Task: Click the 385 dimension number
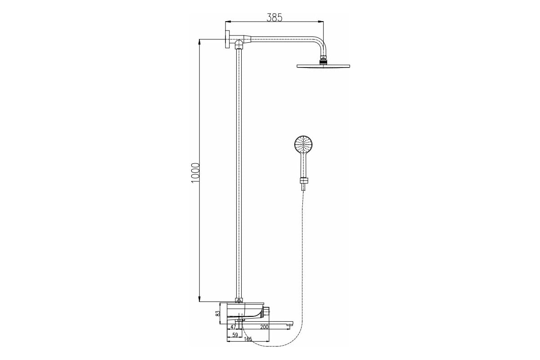(274, 18)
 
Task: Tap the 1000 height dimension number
(195, 173)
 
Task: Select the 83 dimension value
(218, 313)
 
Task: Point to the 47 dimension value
(233, 327)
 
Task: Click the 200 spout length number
(264, 327)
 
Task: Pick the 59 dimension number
(235, 335)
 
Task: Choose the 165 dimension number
(248, 339)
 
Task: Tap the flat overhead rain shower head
(323, 66)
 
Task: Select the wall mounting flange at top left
(228, 40)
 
